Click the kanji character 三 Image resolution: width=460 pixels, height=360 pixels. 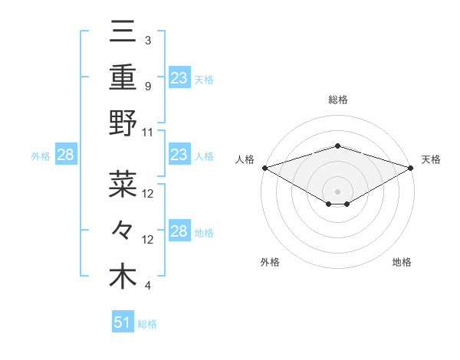pyautogui.click(x=123, y=33)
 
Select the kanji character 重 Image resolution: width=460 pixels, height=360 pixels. pyautogui.click(x=123, y=77)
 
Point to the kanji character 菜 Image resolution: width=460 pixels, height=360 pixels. pyautogui.click(x=123, y=184)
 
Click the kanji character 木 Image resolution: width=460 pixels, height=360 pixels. pyautogui.click(x=123, y=277)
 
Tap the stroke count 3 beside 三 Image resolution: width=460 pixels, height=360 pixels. pyautogui.click(x=148, y=41)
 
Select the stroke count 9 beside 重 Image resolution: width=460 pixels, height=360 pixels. pyautogui.click(x=148, y=86)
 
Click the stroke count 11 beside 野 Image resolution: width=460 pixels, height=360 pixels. pyautogui.click(x=148, y=132)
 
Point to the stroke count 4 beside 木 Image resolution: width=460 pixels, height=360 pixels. pyautogui.click(x=148, y=286)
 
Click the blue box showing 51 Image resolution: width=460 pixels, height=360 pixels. pyautogui.click(x=123, y=322)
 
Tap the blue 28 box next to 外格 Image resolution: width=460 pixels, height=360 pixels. pyautogui.click(x=65, y=155)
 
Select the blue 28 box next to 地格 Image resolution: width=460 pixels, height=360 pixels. pyautogui.click(x=179, y=232)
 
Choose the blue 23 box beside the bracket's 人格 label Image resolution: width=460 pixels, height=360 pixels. pyautogui.click(x=179, y=155)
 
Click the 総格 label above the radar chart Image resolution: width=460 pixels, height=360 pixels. pyautogui.click(x=338, y=100)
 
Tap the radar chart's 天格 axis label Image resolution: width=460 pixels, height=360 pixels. pyautogui.click(x=432, y=159)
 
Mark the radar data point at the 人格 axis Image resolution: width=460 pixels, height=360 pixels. pyautogui.click(x=264, y=168)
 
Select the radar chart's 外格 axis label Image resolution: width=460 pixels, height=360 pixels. pyautogui.click(x=270, y=262)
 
